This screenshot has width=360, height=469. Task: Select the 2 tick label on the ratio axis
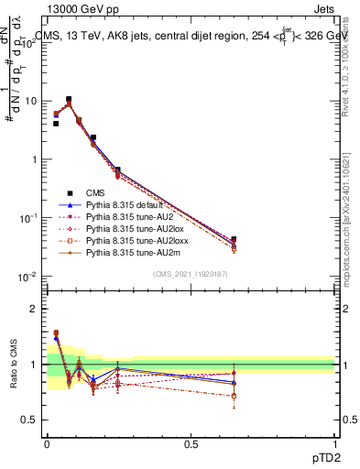tap(36, 309)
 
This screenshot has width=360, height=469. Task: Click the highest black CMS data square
tap(69, 99)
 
